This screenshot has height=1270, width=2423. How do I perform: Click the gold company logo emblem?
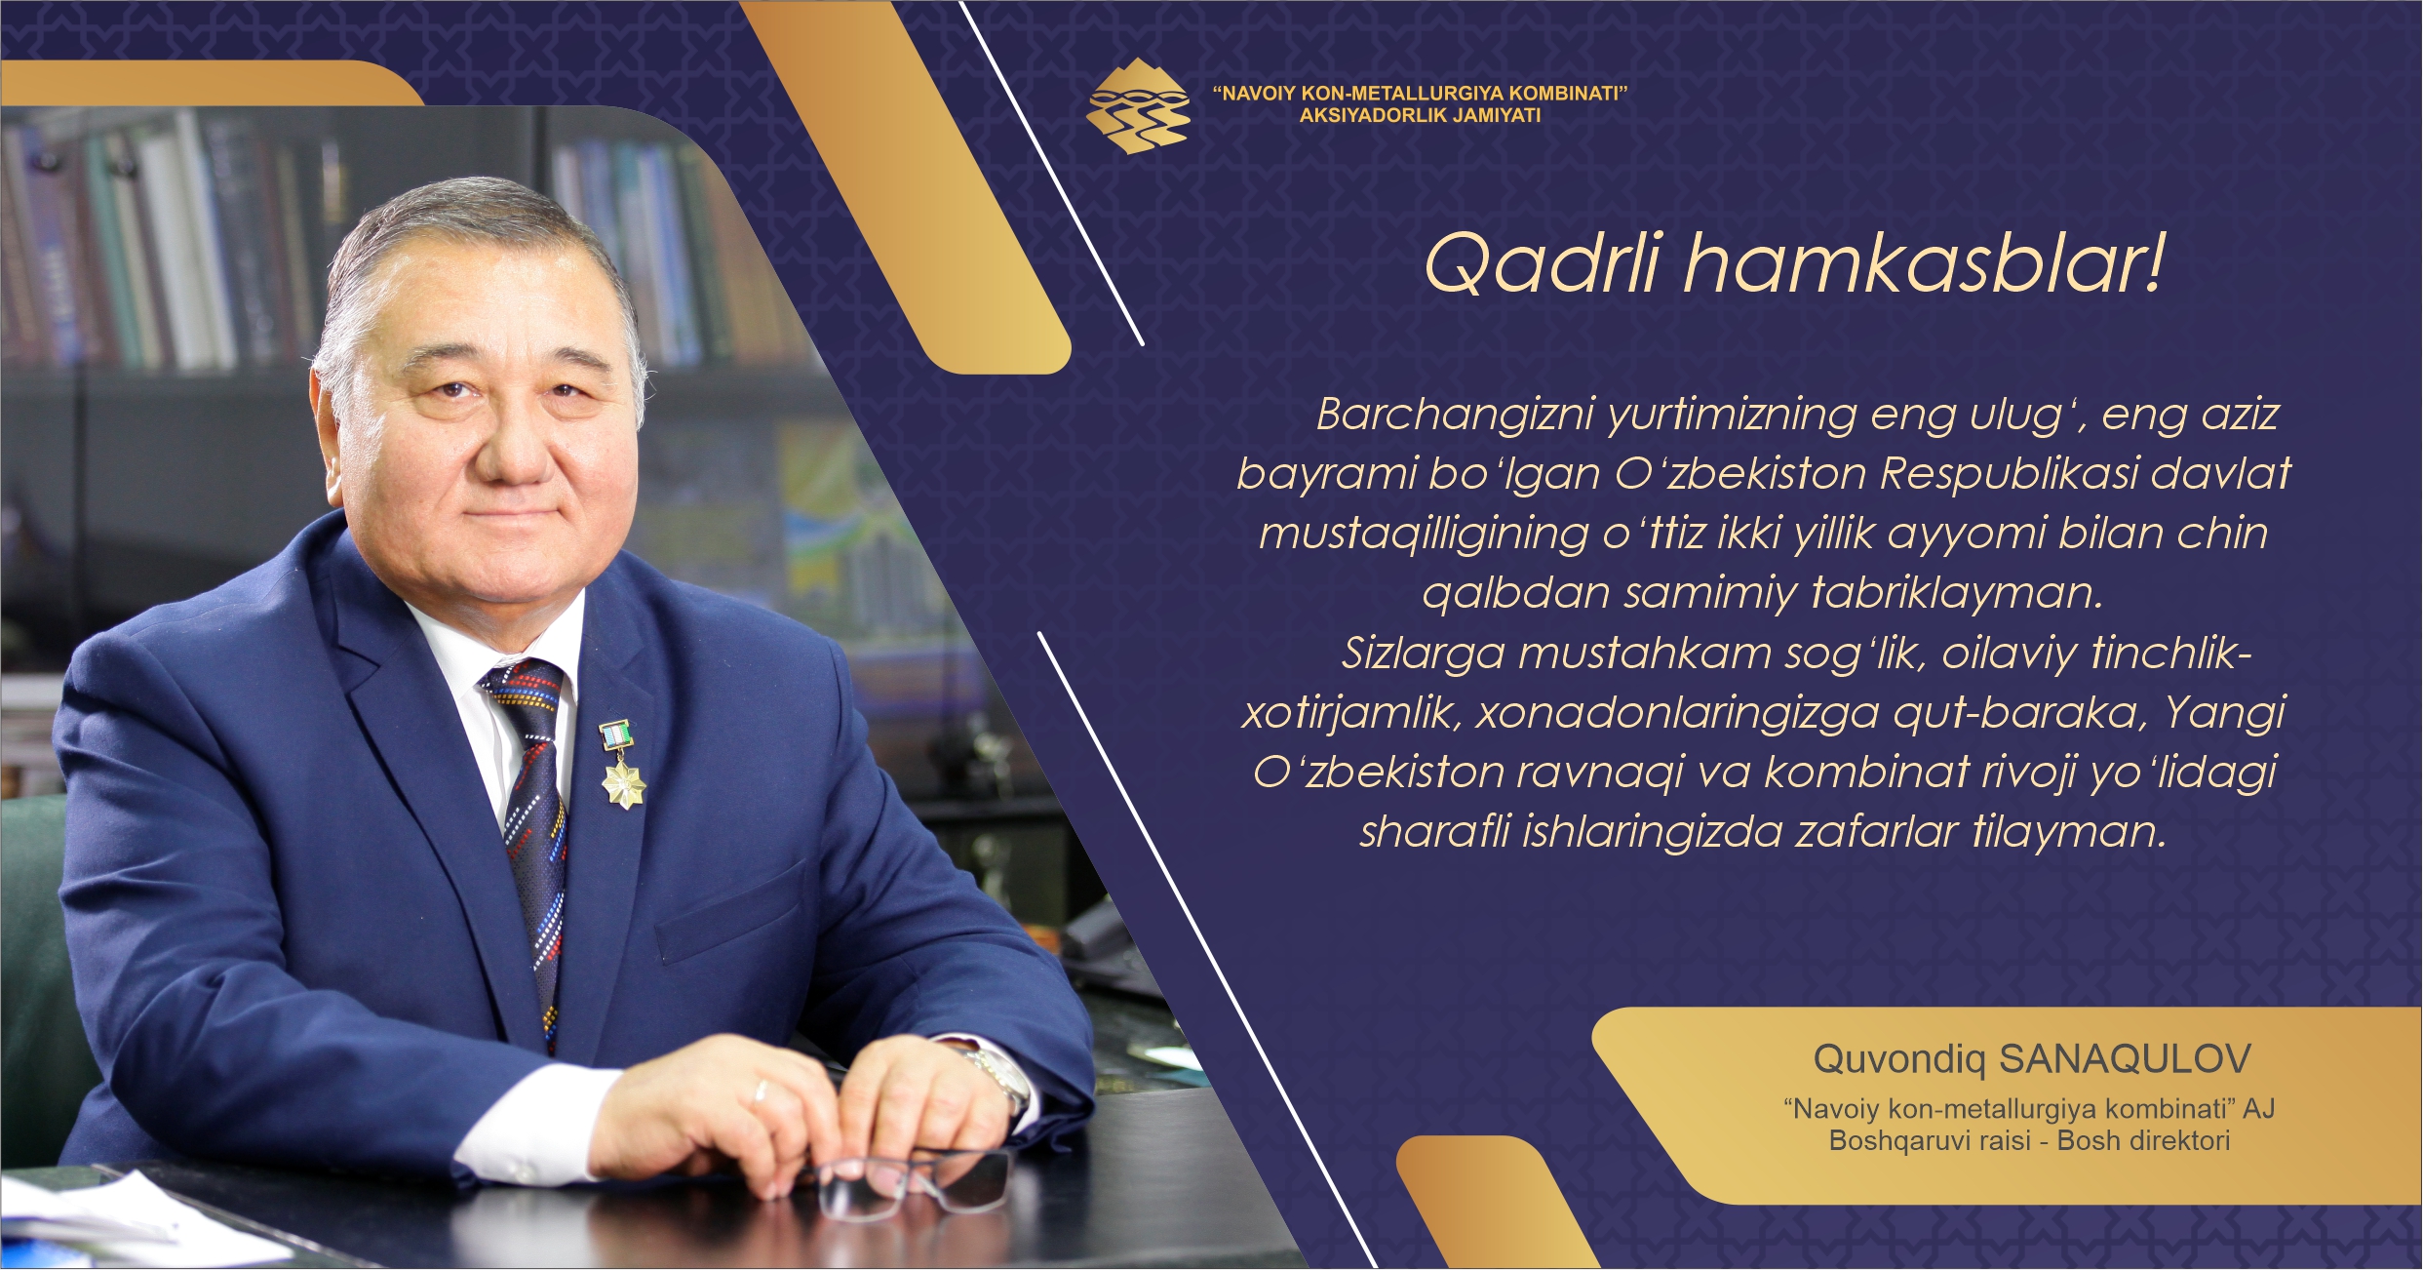tap(1138, 105)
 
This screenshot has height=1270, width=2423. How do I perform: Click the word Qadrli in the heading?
tap(1542, 263)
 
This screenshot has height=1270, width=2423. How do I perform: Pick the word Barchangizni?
tap(1455, 415)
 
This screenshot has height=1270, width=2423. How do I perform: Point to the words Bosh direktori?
tap(2143, 1140)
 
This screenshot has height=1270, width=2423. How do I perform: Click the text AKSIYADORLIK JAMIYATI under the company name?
tap(1420, 115)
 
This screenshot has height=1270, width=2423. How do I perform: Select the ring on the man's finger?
tap(760, 1091)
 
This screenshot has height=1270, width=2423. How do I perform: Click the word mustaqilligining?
tap(1424, 535)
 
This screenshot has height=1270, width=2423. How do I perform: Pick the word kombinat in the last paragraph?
tap(1866, 772)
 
